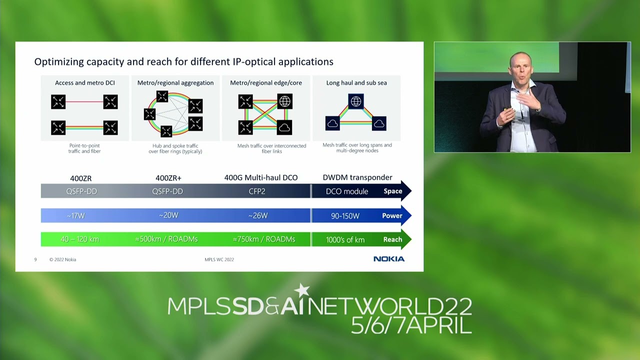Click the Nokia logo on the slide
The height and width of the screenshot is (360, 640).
389,259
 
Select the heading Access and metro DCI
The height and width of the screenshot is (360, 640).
85,83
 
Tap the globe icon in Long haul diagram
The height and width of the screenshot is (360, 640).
355,101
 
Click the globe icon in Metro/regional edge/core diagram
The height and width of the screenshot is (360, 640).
284,101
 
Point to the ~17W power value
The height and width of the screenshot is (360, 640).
76,216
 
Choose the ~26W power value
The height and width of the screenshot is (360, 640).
258,216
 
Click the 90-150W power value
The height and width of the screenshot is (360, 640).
345,216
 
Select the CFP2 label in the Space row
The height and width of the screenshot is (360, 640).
257,191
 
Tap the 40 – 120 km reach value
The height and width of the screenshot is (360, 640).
80,239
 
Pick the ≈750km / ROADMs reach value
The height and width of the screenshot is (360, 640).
264,239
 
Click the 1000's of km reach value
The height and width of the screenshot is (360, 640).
345,240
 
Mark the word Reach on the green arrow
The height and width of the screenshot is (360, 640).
392,239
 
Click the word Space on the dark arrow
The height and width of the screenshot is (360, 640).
392,191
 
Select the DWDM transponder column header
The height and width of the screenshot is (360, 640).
357,177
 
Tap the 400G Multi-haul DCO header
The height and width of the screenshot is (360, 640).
261,177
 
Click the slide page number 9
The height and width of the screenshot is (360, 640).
35,259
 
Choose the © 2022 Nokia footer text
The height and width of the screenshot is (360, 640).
63,259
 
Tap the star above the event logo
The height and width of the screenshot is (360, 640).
302,290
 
